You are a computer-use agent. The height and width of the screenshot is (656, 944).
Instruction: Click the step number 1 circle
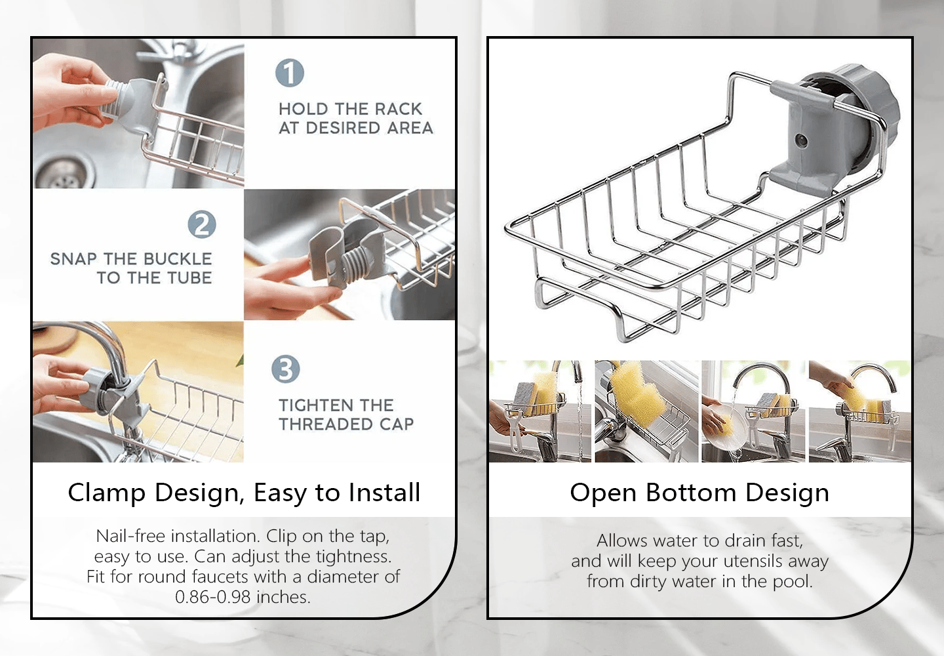click(x=290, y=73)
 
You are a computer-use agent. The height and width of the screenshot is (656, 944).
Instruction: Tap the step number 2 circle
click(x=202, y=224)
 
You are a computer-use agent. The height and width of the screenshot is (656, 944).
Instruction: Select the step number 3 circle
click(x=286, y=369)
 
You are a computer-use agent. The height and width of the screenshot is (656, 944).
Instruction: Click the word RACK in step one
click(x=399, y=109)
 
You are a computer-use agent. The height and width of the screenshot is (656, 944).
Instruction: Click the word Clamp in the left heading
click(x=107, y=493)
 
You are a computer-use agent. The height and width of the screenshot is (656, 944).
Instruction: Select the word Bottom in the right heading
click(x=691, y=493)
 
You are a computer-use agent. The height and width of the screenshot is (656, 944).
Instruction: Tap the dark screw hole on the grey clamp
click(x=801, y=140)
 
